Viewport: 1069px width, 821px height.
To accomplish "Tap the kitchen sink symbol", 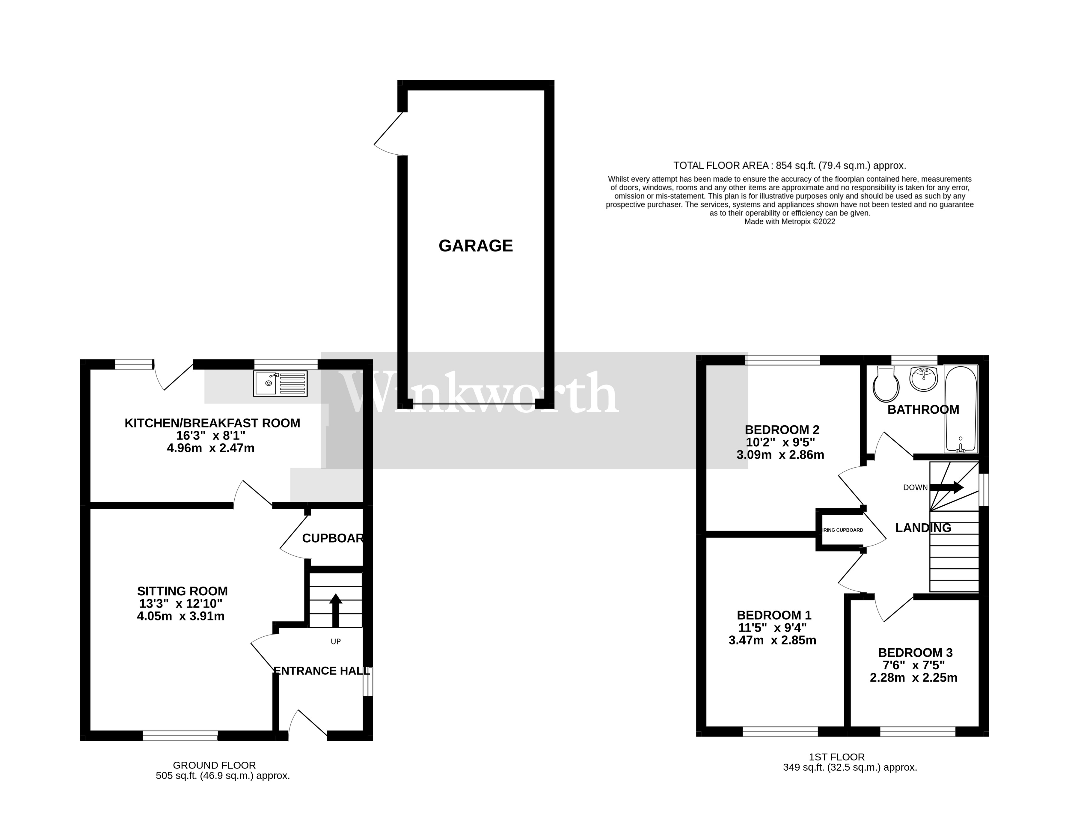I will click(x=280, y=383).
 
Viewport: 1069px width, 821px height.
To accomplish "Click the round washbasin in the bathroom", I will click(x=923, y=379).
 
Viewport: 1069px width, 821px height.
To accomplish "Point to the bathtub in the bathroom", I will click(x=961, y=409).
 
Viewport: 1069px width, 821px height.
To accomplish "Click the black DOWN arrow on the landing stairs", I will click(x=946, y=487).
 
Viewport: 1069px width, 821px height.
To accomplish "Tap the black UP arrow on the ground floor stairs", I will click(x=335, y=609).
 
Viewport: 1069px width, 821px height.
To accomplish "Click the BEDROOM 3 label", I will click(x=915, y=653).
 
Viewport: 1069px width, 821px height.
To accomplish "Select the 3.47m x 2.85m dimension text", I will click(x=772, y=640).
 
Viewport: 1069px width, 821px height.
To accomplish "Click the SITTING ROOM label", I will click(x=182, y=591).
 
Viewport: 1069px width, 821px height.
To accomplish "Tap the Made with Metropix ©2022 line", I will click(x=789, y=222).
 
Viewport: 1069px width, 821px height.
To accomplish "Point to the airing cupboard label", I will click(x=843, y=530).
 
